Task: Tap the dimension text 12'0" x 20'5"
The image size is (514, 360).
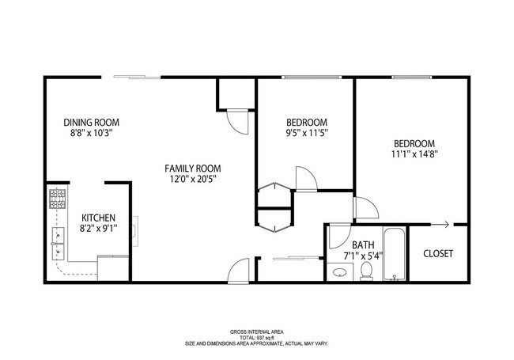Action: coord(192,180)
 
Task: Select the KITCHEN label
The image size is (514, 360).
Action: coord(99,218)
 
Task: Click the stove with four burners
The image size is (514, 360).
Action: coord(58,199)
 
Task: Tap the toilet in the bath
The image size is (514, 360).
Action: coord(366,271)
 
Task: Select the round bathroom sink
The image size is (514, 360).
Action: coord(339,273)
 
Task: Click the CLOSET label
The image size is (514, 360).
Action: coord(437,254)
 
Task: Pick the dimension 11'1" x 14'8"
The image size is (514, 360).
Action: coord(415,154)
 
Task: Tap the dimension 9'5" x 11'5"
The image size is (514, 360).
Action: coord(306,133)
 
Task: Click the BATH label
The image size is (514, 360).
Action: coord(363,245)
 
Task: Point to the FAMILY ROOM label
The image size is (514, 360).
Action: coord(192,169)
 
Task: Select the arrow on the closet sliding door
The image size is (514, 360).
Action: coord(447,225)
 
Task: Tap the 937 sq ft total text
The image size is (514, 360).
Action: coord(257,337)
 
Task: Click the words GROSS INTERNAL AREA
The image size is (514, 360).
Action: coord(257,332)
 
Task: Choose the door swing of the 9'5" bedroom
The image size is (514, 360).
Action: coord(305,179)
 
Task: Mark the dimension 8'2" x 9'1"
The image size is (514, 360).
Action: coord(99,230)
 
